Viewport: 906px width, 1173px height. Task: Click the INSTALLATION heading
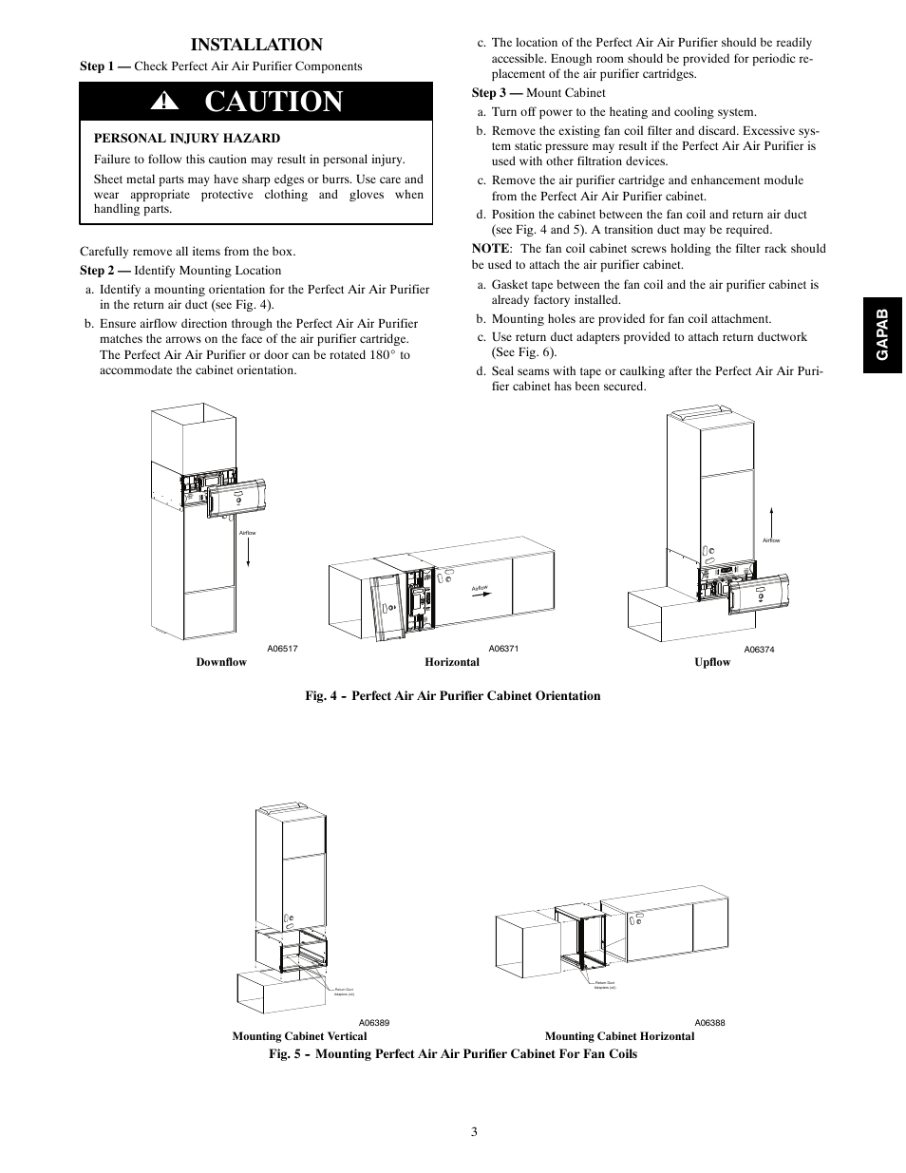255,45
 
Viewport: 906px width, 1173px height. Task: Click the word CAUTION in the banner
274,102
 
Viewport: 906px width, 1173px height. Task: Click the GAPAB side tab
882,333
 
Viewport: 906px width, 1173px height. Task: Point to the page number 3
473,1131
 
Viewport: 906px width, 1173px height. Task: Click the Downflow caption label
221,662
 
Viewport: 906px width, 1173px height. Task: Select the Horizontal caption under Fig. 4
452,662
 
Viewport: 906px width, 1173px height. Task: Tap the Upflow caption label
712,662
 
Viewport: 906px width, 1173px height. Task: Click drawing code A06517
282,649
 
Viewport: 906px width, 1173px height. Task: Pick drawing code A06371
504,649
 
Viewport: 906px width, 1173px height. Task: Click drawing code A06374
759,650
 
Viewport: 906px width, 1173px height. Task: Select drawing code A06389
374,1023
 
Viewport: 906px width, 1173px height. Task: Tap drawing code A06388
709,1023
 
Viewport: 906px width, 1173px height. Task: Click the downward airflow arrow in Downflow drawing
248,551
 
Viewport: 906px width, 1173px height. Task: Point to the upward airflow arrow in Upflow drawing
771,521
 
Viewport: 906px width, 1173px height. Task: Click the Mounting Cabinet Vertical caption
299,1036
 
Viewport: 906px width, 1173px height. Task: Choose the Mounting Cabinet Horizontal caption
619,1036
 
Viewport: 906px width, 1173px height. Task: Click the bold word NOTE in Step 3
490,249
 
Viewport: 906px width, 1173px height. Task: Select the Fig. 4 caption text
452,696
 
